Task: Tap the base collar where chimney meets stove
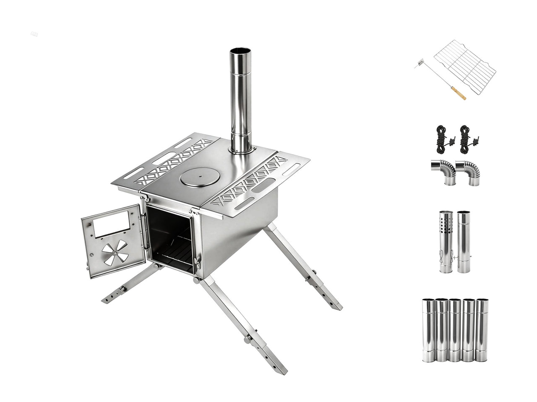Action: [241, 149]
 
